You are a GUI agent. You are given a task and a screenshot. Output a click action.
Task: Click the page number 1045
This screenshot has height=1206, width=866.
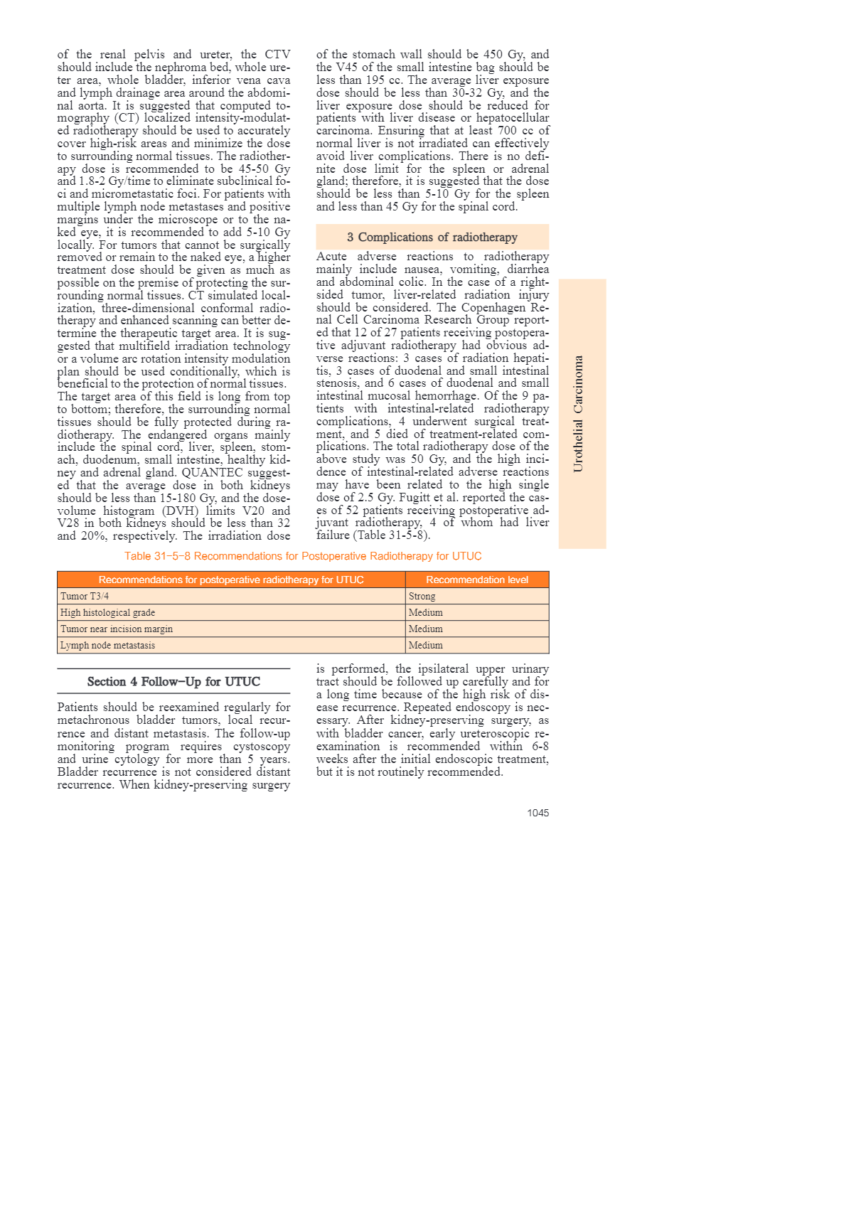point(538,813)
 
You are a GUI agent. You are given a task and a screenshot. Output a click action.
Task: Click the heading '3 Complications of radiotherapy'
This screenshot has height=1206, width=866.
point(432,237)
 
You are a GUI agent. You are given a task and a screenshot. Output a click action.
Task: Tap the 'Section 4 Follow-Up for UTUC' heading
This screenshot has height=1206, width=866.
point(173,681)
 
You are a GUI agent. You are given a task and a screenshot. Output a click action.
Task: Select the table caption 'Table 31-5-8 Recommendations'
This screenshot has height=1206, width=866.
point(303,556)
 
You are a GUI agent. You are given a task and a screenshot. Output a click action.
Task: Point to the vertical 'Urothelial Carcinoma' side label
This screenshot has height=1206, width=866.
point(579,413)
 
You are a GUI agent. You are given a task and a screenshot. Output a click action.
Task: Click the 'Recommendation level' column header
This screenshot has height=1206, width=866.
point(477,580)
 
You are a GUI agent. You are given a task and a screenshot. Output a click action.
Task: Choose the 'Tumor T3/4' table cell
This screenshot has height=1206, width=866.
point(85,596)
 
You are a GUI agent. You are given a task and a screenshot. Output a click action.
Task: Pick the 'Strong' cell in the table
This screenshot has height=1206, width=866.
point(422,596)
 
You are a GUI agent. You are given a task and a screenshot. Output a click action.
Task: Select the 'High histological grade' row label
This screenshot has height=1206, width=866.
point(107,612)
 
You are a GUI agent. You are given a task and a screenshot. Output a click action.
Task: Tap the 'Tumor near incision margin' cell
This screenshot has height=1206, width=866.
point(117,629)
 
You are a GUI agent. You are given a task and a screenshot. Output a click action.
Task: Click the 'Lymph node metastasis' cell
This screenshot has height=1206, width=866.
point(107,645)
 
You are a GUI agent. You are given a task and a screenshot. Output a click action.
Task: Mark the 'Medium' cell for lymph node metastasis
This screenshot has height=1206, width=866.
point(426,645)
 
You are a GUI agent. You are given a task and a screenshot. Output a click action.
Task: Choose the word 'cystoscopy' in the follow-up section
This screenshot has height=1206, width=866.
point(262,747)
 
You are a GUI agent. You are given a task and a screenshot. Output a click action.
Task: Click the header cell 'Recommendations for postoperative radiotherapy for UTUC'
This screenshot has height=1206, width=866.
point(231,580)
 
